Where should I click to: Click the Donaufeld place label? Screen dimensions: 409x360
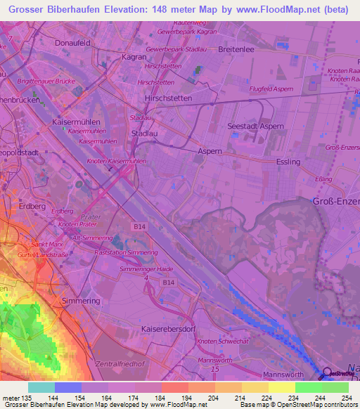tap(73, 43)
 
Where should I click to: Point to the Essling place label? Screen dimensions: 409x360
tap(288, 162)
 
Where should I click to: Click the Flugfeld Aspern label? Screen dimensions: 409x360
tap(271, 89)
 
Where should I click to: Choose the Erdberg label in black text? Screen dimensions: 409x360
tap(33, 206)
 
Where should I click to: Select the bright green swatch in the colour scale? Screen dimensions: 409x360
tap(308, 387)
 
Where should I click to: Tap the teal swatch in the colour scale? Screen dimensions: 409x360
tap(41, 387)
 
